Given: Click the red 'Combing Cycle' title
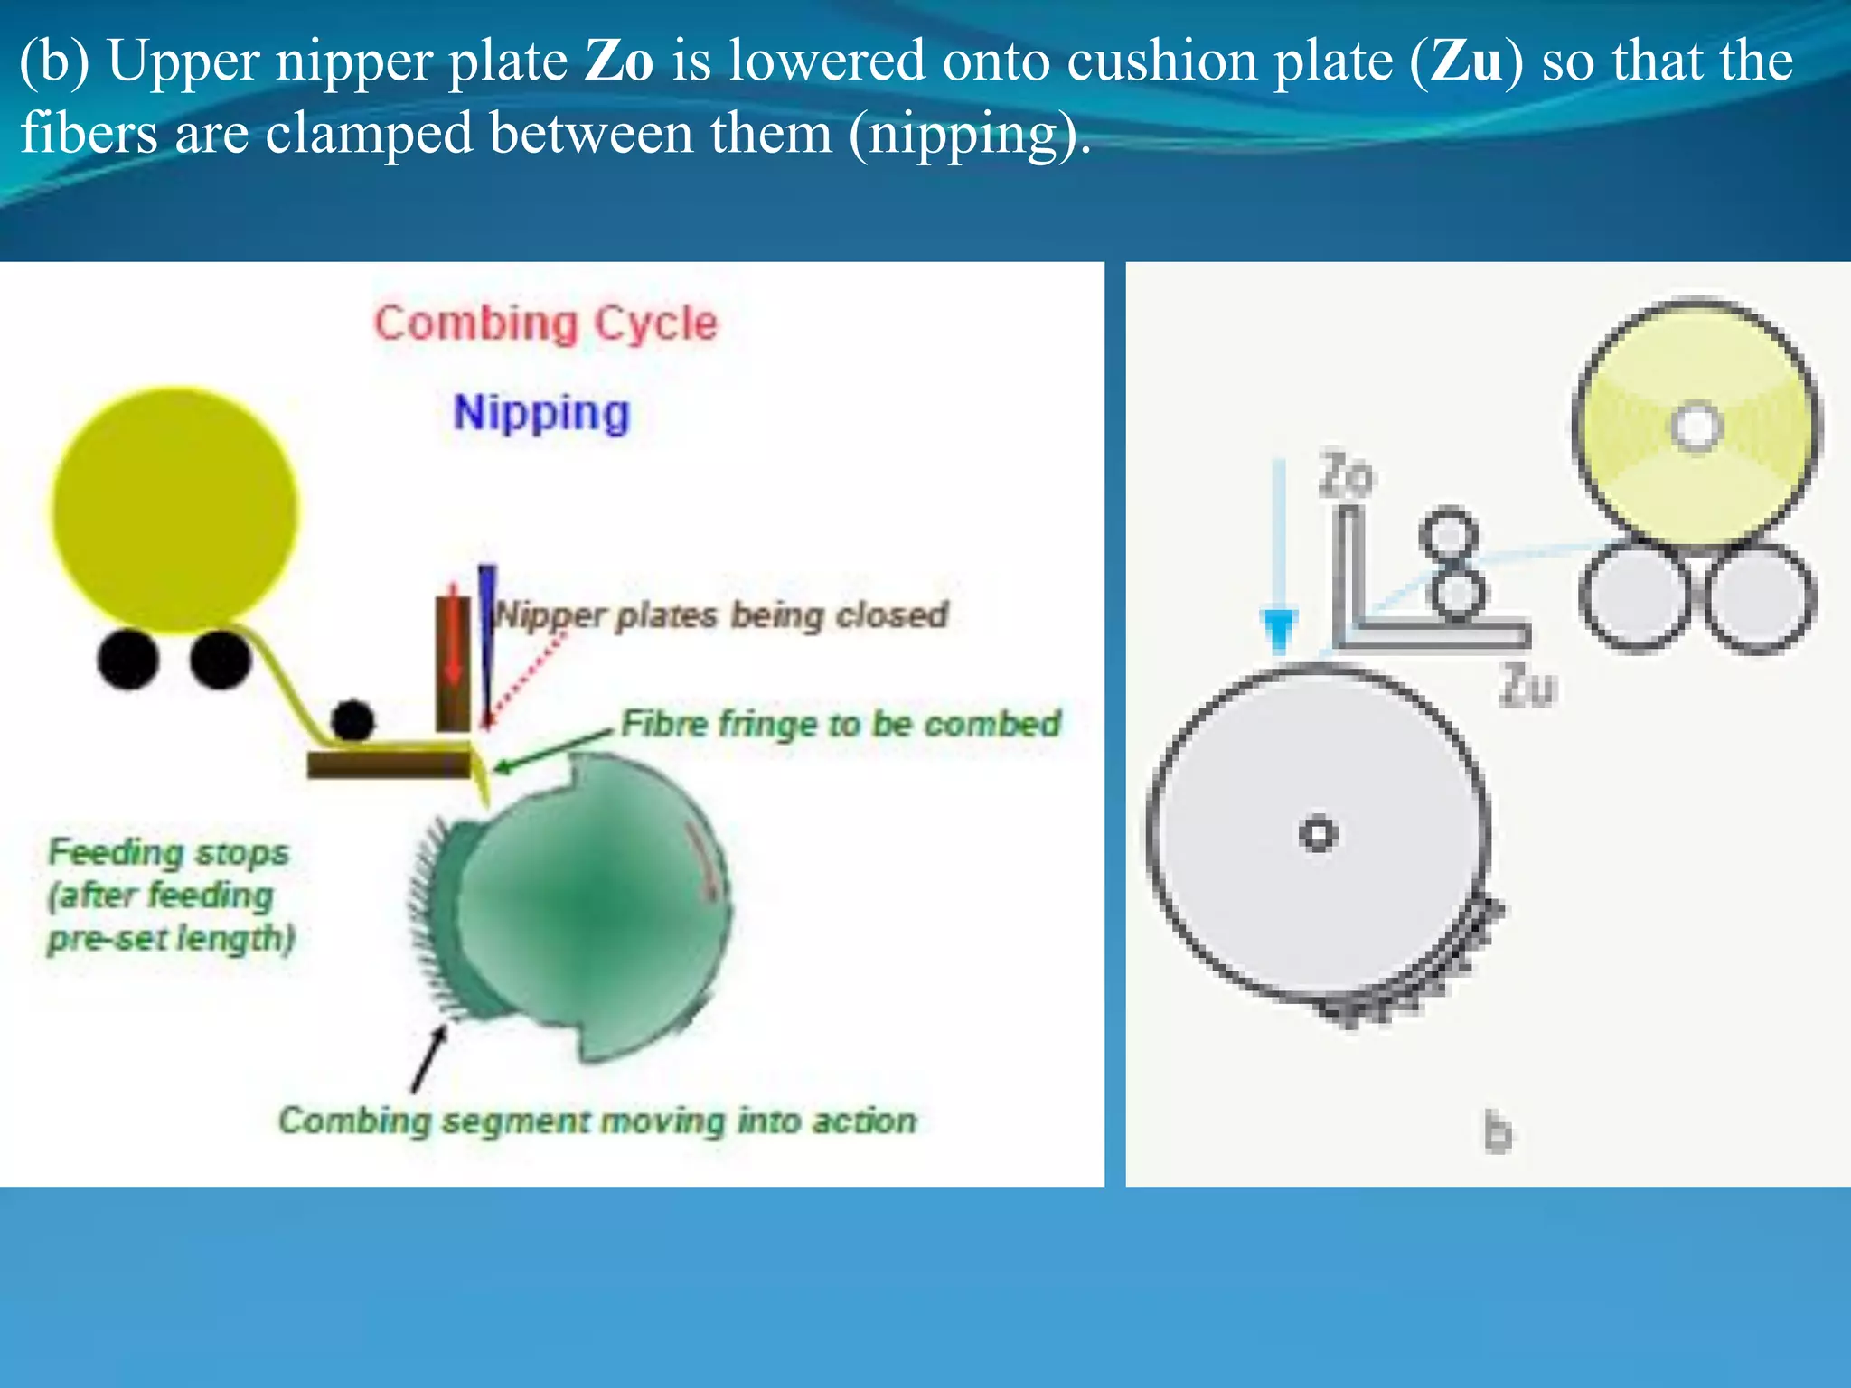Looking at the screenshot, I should [x=546, y=324].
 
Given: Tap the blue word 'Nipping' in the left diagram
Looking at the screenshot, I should [x=541, y=413].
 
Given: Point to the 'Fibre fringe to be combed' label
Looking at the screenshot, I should [x=841, y=724].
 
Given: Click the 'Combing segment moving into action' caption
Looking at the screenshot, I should [x=597, y=1121].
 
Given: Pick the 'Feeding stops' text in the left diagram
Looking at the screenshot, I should [x=168, y=852].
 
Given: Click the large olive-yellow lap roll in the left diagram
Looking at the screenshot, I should [x=174, y=508].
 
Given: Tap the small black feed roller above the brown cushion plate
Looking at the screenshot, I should [x=352, y=720].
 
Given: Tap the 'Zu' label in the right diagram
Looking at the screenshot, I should [x=1527, y=687].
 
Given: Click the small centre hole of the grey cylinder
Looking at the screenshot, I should [x=1317, y=833].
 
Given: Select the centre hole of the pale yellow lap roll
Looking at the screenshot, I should [x=1696, y=425].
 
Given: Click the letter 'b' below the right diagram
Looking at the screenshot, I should [x=1498, y=1132].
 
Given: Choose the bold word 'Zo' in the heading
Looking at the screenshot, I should [x=619, y=61].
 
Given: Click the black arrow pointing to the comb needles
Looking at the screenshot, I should [x=428, y=1058].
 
